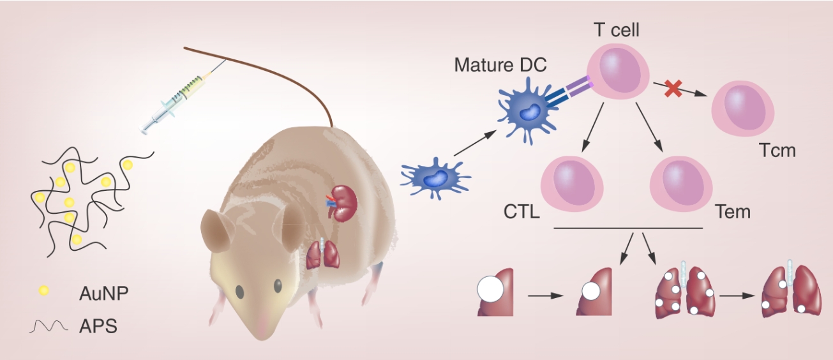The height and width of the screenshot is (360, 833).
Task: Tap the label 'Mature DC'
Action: pos(500,64)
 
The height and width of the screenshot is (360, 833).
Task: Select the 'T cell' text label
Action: pos(616,30)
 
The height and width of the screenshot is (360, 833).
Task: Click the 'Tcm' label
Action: pos(777,151)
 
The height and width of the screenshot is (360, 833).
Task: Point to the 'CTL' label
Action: pos(522,211)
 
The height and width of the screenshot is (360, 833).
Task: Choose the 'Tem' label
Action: pos(733,211)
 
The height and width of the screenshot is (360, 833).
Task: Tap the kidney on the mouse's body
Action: pos(343,202)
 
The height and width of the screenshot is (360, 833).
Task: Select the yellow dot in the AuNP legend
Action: pos(44,291)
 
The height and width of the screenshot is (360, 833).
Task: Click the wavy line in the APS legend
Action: pos(48,327)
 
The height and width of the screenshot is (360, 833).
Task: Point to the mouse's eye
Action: pos(239,291)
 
